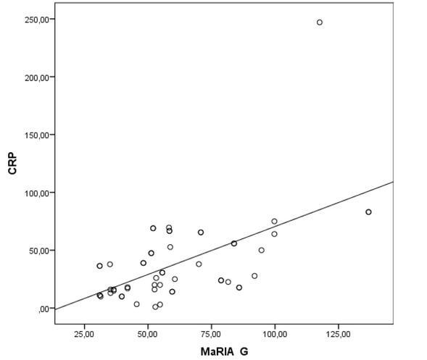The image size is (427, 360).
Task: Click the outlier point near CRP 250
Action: point(319,22)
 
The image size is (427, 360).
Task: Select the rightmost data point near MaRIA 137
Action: point(368,212)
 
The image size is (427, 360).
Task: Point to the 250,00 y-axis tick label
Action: point(36,20)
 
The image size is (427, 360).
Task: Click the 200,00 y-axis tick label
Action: point(36,78)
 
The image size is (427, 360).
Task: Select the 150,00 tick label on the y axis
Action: point(36,135)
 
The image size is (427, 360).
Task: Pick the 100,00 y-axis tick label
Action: point(36,193)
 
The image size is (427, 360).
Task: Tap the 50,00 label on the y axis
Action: point(38,251)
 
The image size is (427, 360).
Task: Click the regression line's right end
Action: point(391,183)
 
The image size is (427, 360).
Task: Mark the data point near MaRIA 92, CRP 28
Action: point(254,276)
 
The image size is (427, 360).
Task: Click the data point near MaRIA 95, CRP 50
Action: point(262,250)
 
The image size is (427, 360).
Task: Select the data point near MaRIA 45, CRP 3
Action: point(136,304)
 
